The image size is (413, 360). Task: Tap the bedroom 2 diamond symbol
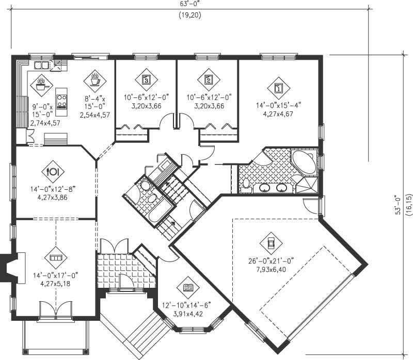tap(208, 79)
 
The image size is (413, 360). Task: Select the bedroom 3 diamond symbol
tap(146, 79)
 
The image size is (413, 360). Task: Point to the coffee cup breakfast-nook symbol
tap(94, 80)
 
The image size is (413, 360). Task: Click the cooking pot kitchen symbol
tap(40, 81)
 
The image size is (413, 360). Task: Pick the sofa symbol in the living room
tap(55, 256)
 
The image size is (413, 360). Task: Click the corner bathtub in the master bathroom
tap(304, 161)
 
